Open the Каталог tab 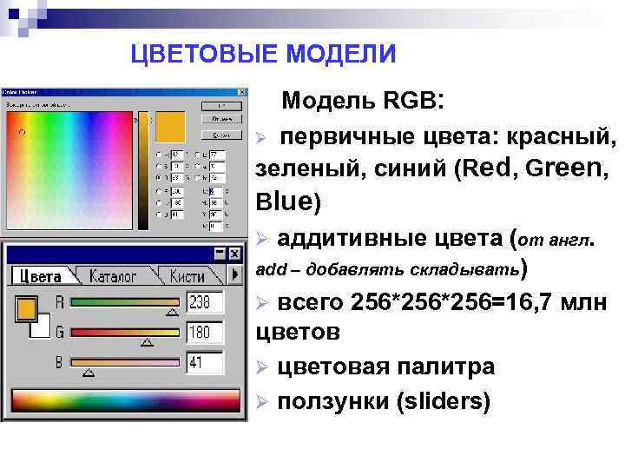coord(113,276)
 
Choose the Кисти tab coord(187,276)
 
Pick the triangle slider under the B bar coord(87,373)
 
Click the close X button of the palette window coord(234,253)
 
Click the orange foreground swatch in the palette coord(26,308)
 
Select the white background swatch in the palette coord(40,327)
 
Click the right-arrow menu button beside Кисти coord(234,275)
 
